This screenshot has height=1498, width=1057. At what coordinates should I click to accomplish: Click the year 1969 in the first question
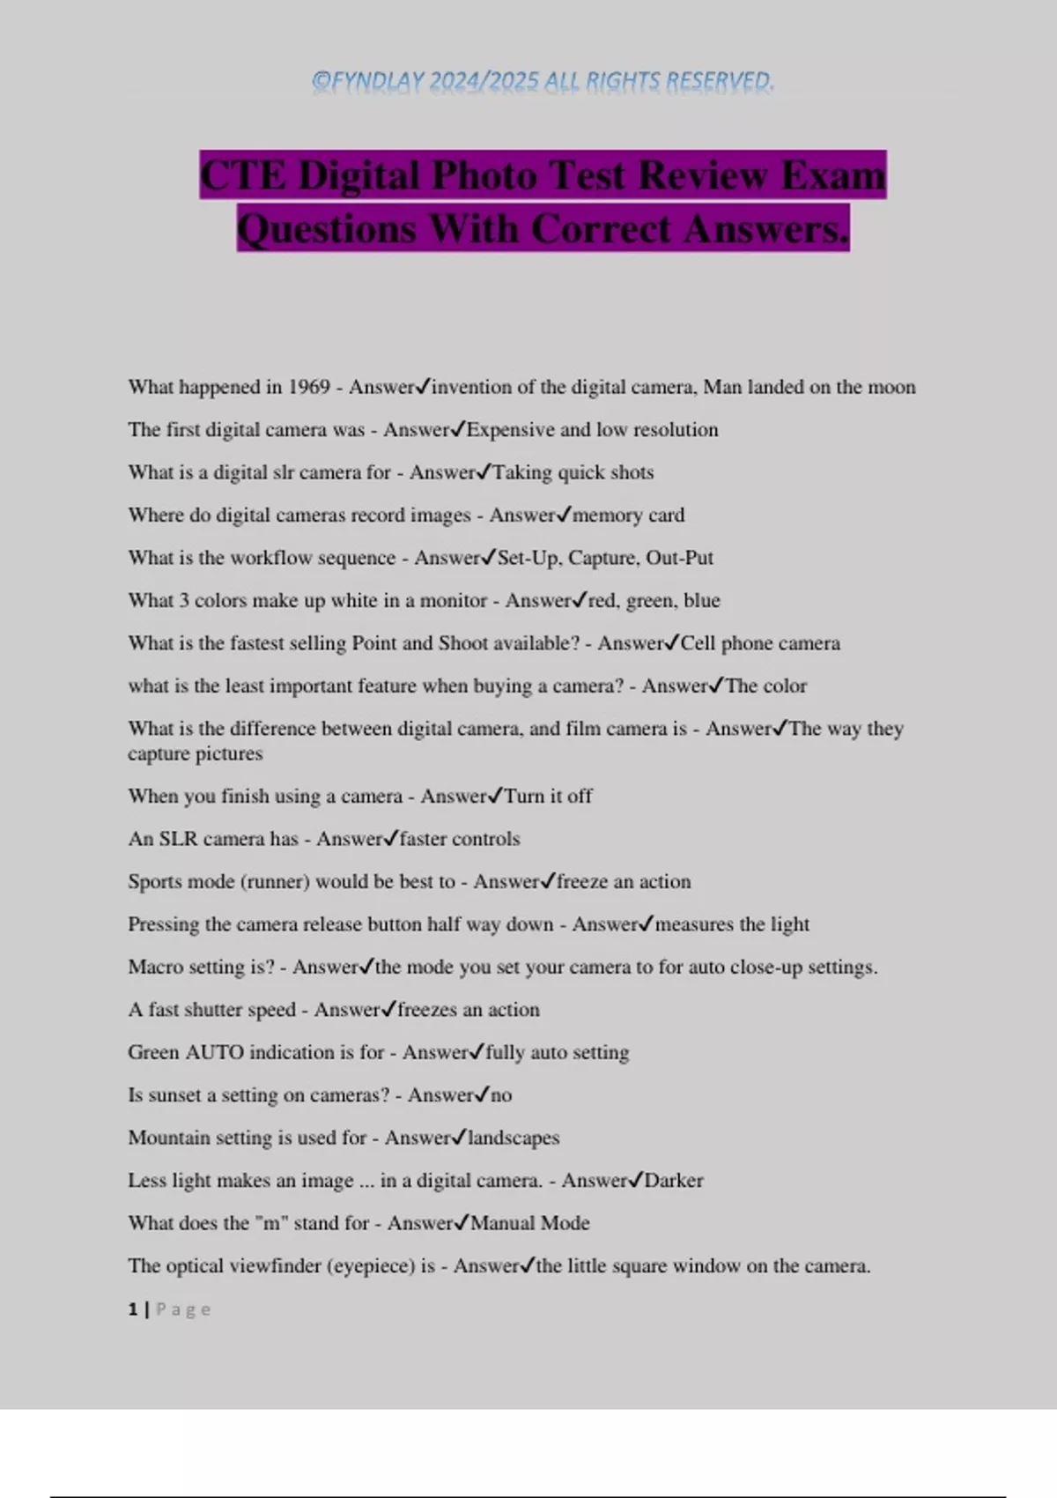tap(309, 387)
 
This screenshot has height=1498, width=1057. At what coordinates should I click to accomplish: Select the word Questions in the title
tap(327, 229)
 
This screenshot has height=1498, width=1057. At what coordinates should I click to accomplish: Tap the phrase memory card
tap(628, 515)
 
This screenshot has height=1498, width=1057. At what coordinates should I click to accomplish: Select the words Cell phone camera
tap(760, 643)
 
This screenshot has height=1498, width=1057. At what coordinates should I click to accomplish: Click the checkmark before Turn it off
tap(495, 795)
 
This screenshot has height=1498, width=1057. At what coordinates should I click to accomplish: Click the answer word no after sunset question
tap(501, 1095)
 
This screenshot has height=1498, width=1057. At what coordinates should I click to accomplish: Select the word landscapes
tap(514, 1138)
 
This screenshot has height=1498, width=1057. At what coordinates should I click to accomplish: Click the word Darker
tap(674, 1181)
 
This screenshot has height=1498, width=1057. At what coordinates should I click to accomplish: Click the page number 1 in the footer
tap(133, 1309)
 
